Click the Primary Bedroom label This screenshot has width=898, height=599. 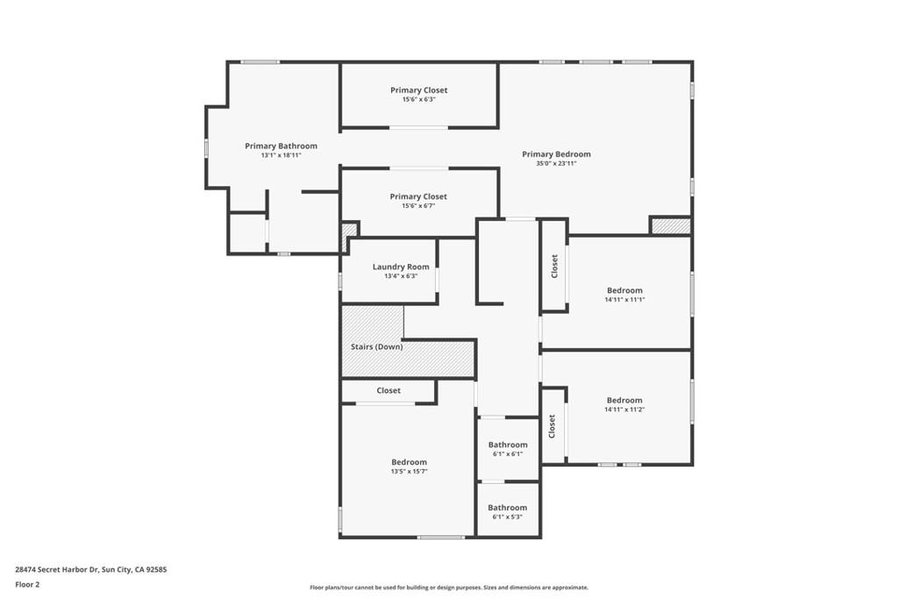click(x=556, y=154)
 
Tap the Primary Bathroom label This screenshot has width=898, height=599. click(x=281, y=146)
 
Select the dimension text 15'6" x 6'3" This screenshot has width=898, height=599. click(x=418, y=100)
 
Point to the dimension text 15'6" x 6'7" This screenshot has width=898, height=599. click(x=418, y=206)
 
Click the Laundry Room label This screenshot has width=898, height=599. click(x=401, y=267)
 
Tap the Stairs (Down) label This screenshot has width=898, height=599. click(x=375, y=347)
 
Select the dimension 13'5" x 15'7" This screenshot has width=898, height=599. click(x=409, y=472)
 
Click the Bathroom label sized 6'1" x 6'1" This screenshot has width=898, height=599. click(x=508, y=445)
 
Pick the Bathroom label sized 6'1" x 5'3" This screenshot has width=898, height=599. click(x=508, y=508)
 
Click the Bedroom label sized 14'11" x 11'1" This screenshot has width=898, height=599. click(x=624, y=290)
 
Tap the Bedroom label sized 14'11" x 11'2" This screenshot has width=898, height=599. click(x=624, y=400)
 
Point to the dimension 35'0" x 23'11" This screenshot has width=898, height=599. click(x=556, y=164)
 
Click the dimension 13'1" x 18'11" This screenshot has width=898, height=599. click(x=281, y=156)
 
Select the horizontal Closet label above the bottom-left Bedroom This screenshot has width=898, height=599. click(x=388, y=390)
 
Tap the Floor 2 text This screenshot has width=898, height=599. click(x=28, y=584)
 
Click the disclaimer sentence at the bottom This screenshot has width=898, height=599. click(x=449, y=588)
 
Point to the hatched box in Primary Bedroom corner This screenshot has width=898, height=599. click(x=670, y=226)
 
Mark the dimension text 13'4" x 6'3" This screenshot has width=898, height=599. click(x=401, y=276)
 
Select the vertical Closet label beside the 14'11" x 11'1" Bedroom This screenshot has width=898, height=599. click(x=553, y=267)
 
